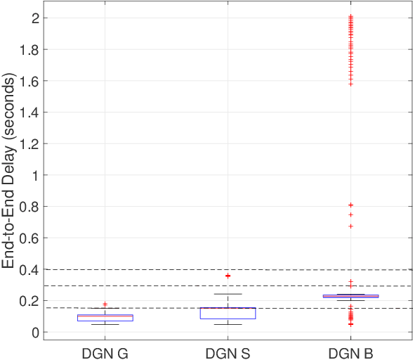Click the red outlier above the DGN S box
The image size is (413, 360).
pos(228,276)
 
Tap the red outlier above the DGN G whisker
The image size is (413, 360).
pos(105,304)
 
